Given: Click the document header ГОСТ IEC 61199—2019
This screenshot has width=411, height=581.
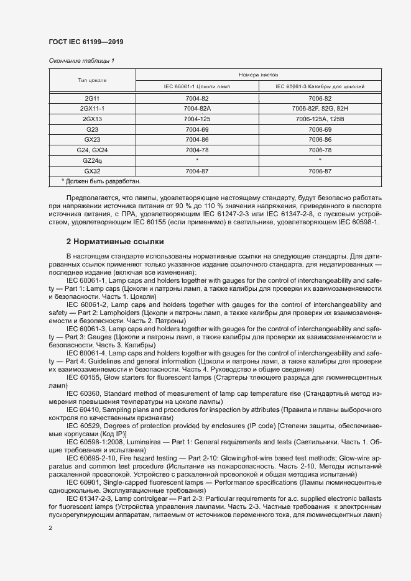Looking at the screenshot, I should [86, 42].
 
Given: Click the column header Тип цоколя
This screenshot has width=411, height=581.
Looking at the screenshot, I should [92, 80].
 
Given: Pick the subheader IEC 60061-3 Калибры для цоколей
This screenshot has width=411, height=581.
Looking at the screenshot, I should [320, 86].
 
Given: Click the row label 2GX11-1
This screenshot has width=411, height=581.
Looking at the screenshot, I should [92, 108].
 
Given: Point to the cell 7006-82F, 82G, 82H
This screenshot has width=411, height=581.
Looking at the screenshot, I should [320, 108].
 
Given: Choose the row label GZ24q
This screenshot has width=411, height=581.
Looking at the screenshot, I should [92, 160].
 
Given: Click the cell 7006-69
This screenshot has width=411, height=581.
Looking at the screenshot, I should [320, 129].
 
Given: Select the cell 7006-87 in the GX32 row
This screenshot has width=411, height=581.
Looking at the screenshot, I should [320, 171].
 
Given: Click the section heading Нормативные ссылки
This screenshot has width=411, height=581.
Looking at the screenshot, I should [115, 240].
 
